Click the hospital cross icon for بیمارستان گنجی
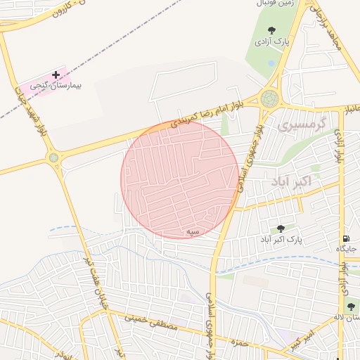click(56, 75)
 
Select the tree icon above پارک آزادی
click(271, 30)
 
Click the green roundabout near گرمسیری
click(269, 98)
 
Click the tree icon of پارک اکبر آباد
click(281, 229)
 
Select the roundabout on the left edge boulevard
click(53, 157)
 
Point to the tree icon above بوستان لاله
click(351, 307)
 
